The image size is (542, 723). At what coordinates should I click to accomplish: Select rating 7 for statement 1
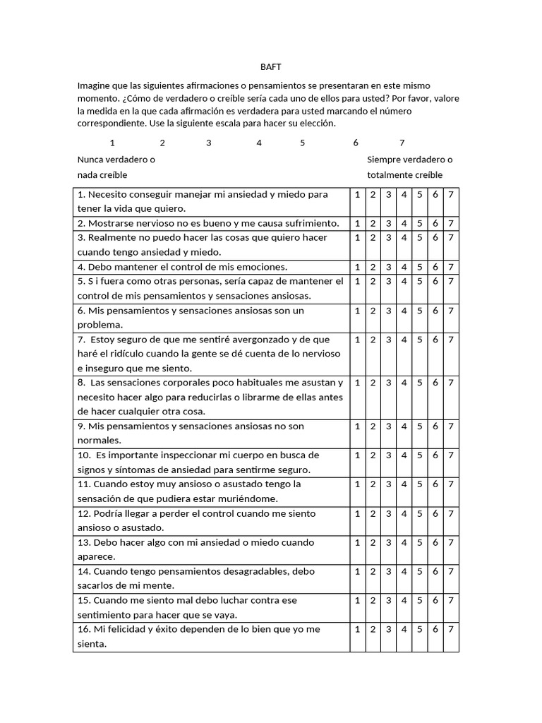[451, 194]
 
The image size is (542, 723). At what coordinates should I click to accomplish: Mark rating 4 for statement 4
[404, 267]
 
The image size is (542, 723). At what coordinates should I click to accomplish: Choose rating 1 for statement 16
[357, 629]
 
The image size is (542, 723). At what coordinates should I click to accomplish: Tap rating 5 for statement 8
[419, 383]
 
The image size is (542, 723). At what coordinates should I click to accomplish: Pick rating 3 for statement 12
[388, 513]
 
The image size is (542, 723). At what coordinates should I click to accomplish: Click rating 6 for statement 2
[435, 223]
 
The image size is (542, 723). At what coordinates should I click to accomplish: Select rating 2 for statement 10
[373, 455]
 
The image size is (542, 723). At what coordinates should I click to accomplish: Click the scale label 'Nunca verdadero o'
[116, 160]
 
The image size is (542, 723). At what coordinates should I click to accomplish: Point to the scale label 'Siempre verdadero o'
[410, 160]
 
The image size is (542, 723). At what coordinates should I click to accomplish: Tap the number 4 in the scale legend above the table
[259, 143]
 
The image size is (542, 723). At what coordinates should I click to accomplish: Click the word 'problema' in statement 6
[100, 325]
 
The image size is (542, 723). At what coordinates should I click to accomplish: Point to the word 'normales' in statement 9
[100, 441]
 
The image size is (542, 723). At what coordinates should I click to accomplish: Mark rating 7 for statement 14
[451, 571]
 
